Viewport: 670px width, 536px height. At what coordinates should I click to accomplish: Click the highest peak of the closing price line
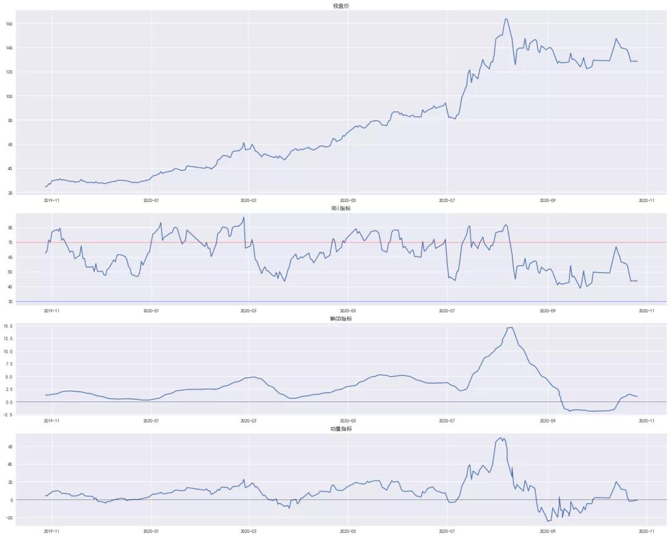click(506, 19)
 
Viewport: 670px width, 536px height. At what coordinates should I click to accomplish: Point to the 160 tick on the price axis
click(9, 24)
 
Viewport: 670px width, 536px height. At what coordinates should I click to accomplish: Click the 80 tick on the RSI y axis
click(11, 227)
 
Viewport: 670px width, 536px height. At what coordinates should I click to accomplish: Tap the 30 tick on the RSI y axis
click(11, 301)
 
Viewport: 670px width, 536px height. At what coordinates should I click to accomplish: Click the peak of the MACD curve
click(510, 327)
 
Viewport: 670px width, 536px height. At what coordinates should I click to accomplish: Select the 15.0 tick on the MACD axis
click(9, 326)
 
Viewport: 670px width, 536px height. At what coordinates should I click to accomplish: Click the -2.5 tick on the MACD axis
click(8, 415)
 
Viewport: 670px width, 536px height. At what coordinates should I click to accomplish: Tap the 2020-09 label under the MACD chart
click(547, 421)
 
